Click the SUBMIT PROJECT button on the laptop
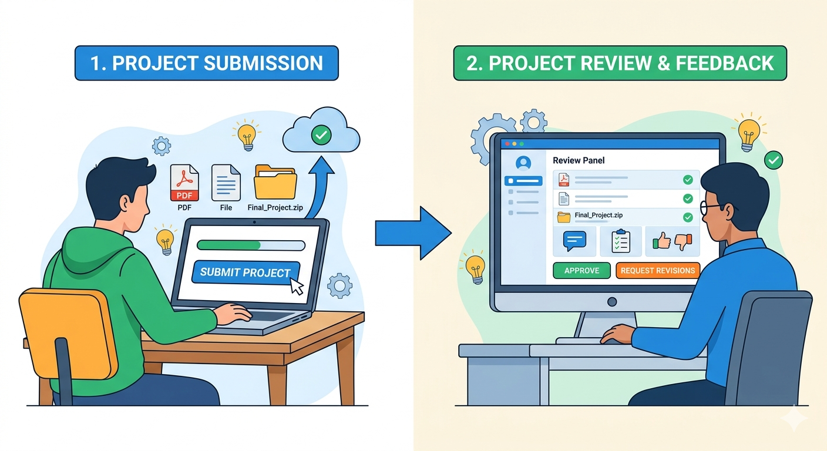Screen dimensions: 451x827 click(x=245, y=272)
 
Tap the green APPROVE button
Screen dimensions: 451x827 click(x=581, y=271)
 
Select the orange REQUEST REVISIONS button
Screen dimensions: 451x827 click(x=658, y=271)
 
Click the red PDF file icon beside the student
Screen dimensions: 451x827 click(x=184, y=182)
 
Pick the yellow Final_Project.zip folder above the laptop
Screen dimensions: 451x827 click(x=275, y=182)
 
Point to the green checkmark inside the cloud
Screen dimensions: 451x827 click(x=321, y=136)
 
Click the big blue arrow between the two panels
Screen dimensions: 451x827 click(x=413, y=234)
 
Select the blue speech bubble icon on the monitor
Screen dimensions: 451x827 click(x=575, y=240)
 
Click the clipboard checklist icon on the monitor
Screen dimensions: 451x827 click(x=620, y=241)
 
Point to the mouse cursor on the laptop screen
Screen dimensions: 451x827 click(x=297, y=286)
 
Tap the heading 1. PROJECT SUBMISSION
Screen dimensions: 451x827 click(x=206, y=63)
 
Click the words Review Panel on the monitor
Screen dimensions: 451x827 click(x=579, y=160)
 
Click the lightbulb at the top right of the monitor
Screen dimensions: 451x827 click(x=748, y=134)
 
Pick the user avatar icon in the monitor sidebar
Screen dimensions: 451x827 click(x=522, y=163)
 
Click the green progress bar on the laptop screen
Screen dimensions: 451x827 click(x=229, y=245)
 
